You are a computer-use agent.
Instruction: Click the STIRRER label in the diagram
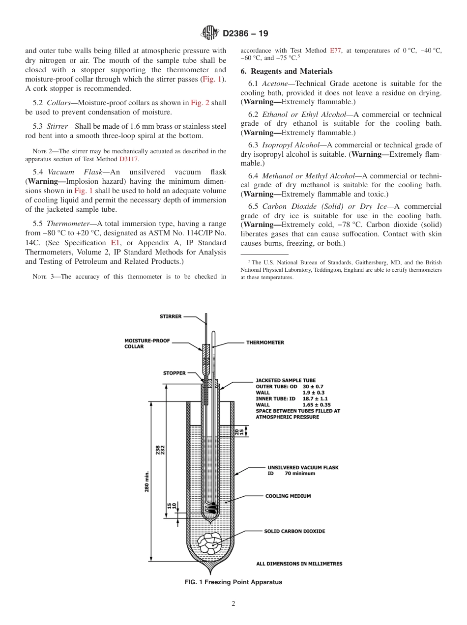click(x=170, y=316)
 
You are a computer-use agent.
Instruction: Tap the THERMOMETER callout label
click(x=265, y=342)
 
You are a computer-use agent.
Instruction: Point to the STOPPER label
click(x=175, y=373)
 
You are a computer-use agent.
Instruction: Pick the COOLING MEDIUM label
click(x=288, y=496)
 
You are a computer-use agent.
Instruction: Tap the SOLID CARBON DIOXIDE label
click(x=294, y=531)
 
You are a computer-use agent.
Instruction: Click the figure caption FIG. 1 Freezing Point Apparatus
click(x=233, y=582)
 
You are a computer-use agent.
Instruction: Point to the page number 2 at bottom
click(x=233, y=604)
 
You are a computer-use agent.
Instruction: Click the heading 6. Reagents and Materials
click(x=287, y=71)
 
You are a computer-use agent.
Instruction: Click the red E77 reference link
click(x=335, y=50)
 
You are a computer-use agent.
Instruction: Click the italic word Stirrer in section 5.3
click(x=60, y=126)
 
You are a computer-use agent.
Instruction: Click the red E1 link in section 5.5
click(x=115, y=243)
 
